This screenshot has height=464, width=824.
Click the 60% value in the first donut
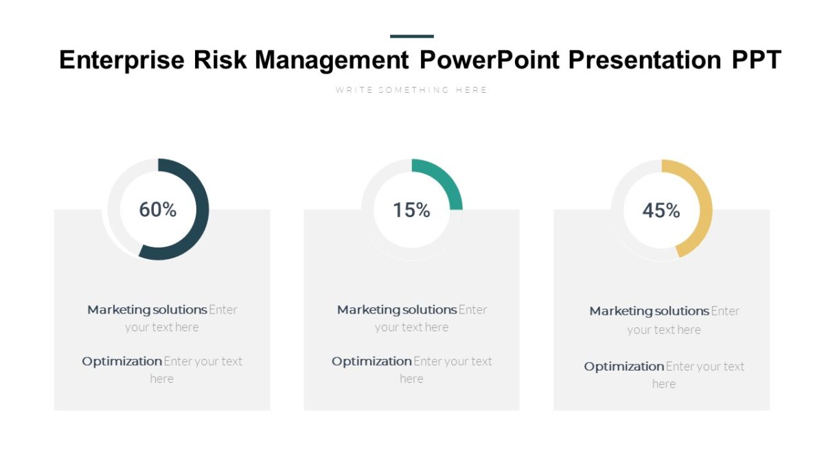(x=158, y=210)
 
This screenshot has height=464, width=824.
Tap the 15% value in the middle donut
(x=411, y=210)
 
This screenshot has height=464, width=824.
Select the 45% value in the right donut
(x=661, y=210)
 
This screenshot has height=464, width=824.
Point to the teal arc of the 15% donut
(x=446, y=179)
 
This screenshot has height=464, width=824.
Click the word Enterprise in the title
(x=122, y=60)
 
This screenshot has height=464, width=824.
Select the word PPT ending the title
(x=756, y=60)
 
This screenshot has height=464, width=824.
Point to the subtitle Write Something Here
(x=411, y=90)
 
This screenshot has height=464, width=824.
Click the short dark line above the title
(x=411, y=36)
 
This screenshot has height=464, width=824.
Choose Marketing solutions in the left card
(x=147, y=310)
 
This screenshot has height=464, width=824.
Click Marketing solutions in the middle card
(x=396, y=310)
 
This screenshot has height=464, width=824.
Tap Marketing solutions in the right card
(x=649, y=311)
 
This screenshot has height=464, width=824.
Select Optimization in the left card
(x=122, y=362)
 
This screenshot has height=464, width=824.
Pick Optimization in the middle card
(x=371, y=362)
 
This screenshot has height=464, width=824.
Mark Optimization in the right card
(x=624, y=367)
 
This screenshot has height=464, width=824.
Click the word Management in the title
(x=332, y=60)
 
